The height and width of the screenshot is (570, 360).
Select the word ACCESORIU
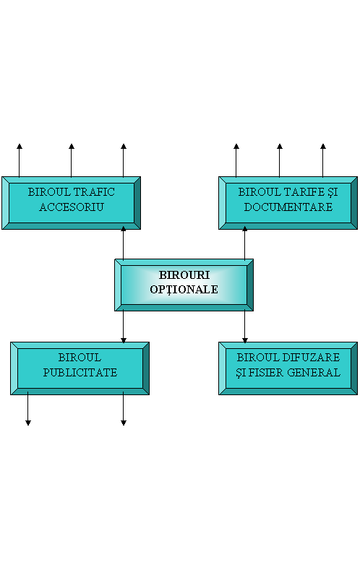pyautogui.click(x=72, y=207)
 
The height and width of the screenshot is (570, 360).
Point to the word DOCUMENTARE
pyautogui.click(x=288, y=207)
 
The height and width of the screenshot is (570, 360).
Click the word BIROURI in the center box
pyautogui.click(x=184, y=275)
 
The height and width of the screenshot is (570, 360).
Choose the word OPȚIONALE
pyautogui.click(x=184, y=290)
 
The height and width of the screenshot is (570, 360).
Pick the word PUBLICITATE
pyautogui.click(x=80, y=372)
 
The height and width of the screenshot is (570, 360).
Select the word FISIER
pyautogui.click(x=266, y=372)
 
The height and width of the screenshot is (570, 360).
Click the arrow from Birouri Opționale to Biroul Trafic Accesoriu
pyautogui.click(x=124, y=243)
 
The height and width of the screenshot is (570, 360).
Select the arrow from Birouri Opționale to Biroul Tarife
pyautogui.click(x=245, y=243)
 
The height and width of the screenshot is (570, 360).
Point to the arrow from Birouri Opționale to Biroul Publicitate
pyautogui.click(x=124, y=327)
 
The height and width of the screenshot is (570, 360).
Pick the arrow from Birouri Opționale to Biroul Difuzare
pyautogui.click(x=245, y=327)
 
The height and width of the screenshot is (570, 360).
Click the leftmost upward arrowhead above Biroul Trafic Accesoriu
pyautogui.click(x=20, y=146)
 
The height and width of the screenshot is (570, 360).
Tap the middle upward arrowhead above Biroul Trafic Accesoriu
pyautogui.click(x=72, y=146)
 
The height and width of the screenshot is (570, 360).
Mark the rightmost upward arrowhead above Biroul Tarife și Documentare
pyautogui.click(x=323, y=146)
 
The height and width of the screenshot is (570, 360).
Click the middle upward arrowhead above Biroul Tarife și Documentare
pyautogui.click(x=280, y=146)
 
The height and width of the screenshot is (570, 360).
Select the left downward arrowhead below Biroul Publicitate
pyautogui.click(x=28, y=423)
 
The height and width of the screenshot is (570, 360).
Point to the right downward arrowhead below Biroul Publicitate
pyautogui.click(x=124, y=423)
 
